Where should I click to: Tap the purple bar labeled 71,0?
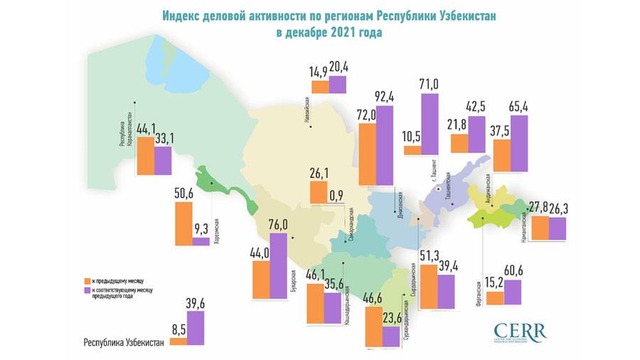pyautogui.click(x=430, y=124)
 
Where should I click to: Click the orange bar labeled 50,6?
pyautogui.click(x=183, y=223)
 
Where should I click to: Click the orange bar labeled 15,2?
pyautogui.click(x=495, y=297)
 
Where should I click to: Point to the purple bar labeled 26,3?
pyautogui.click(x=558, y=228)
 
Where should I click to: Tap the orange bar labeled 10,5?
pyautogui.click(x=412, y=150)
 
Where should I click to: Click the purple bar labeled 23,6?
pyautogui.click(x=390, y=337)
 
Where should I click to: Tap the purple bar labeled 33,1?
pyautogui.click(x=163, y=160)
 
